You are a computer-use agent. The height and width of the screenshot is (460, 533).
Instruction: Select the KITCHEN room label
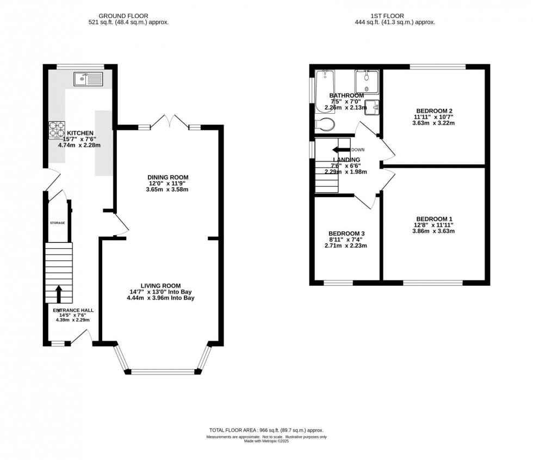click(80, 133)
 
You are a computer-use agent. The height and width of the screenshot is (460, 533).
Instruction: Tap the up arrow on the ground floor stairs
click(58, 292)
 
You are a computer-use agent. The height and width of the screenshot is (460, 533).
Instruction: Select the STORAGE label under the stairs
click(58, 223)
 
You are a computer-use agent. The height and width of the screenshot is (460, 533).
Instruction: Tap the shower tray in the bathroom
click(367, 82)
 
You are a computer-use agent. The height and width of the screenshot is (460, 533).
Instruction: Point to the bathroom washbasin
click(372, 107)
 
